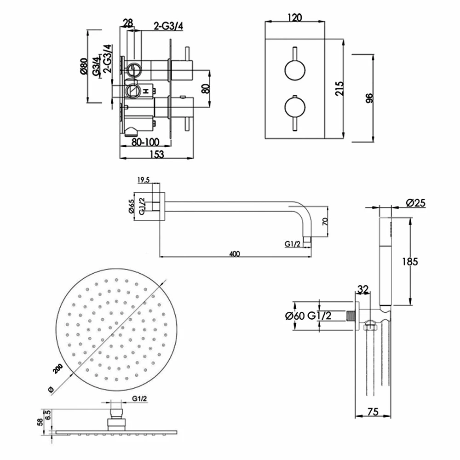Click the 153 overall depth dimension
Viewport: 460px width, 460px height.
tap(157, 155)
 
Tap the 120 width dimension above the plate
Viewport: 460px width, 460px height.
tap(294, 18)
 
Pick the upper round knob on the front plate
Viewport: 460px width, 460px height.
tap(294, 70)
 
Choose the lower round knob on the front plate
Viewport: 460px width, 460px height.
tap(294, 108)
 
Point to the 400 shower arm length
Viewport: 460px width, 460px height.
tap(235, 254)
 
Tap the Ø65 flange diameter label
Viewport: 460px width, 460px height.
tap(132, 207)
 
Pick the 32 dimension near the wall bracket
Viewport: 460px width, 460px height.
tap(363, 289)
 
